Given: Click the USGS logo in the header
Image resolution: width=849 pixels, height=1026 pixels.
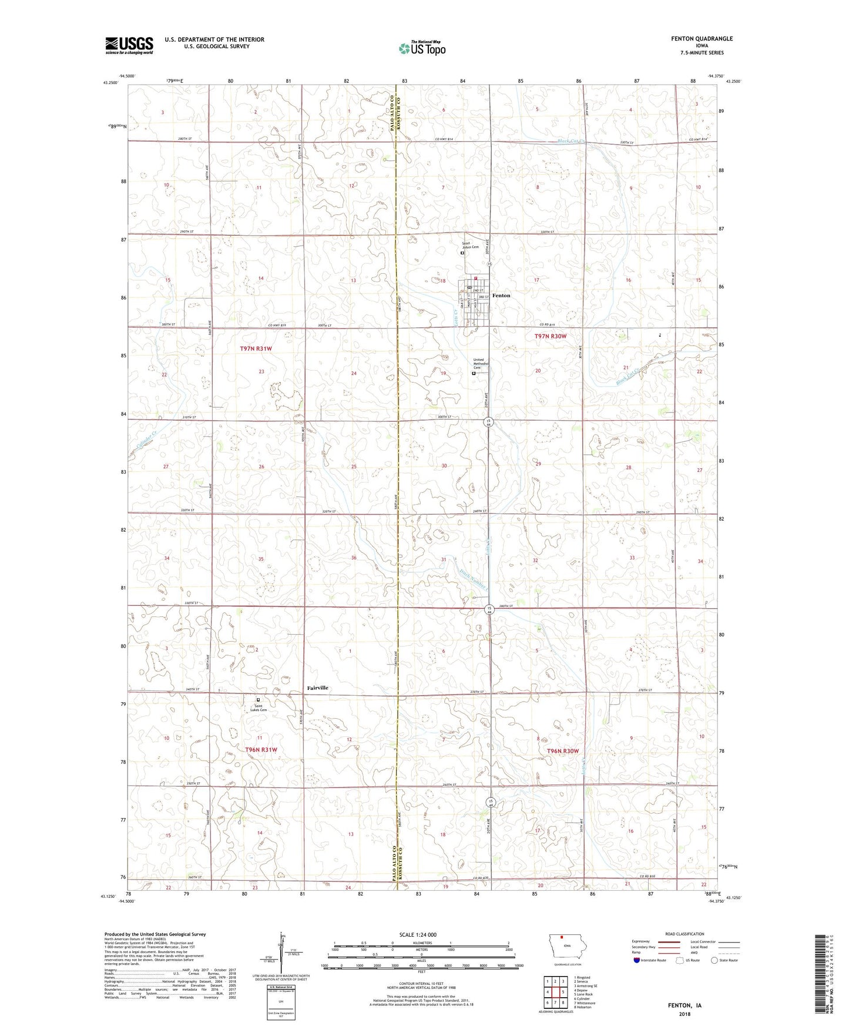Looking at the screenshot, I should coord(129,45).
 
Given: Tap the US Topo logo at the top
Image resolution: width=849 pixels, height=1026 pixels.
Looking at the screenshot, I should coord(421,48).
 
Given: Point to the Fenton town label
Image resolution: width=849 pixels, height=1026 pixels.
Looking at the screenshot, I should coord(501,296).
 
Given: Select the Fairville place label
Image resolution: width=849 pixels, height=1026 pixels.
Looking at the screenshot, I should coord(317,688).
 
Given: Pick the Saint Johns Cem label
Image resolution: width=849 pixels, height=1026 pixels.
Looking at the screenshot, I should coord(470,246).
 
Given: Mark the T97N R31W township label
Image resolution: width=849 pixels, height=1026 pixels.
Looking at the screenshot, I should coord(256,348).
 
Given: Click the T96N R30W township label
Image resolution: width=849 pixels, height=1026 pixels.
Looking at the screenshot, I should coord(562,752).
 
